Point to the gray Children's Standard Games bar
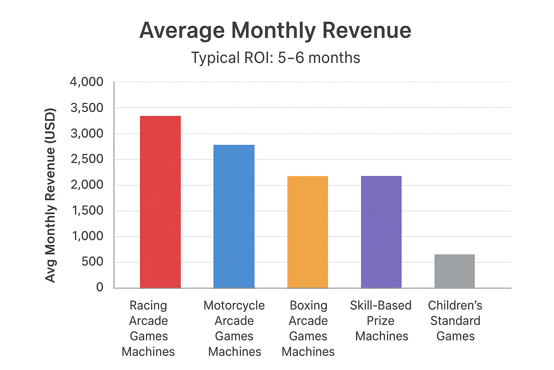[x=454, y=271]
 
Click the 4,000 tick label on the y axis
[x=87, y=82]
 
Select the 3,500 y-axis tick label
[x=87, y=108]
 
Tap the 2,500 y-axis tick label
[x=87, y=159]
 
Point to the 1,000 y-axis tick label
[x=88, y=236]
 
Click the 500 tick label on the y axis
[x=92, y=262]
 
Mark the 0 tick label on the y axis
[x=100, y=287]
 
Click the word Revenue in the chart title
[x=367, y=30]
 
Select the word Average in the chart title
[x=182, y=31]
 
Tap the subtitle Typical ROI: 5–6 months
[x=276, y=58]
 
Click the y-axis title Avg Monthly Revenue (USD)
[x=50, y=195]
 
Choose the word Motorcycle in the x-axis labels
[x=234, y=306]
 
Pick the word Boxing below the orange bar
[x=308, y=306]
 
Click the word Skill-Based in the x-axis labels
[x=381, y=306]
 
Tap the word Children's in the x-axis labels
[x=455, y=306]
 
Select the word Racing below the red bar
[x=148, y=306]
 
